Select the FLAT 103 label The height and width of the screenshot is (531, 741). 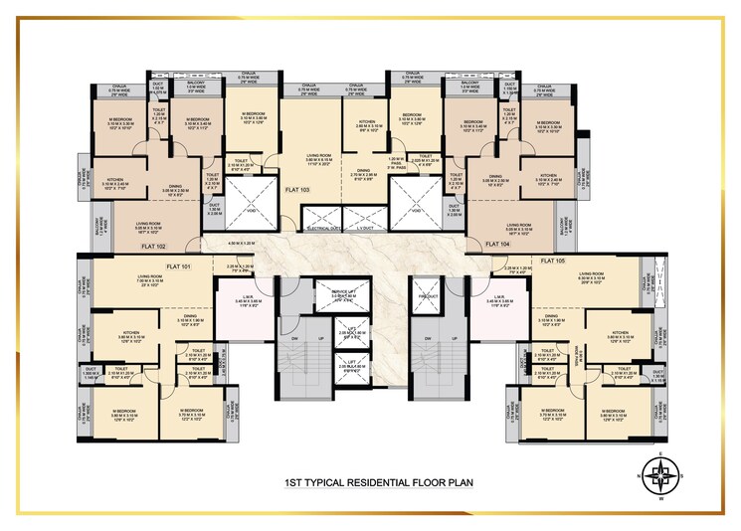click(297, 188)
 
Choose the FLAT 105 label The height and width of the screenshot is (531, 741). click(553, 261)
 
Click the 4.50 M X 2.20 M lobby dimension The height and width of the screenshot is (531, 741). click(242, 242)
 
